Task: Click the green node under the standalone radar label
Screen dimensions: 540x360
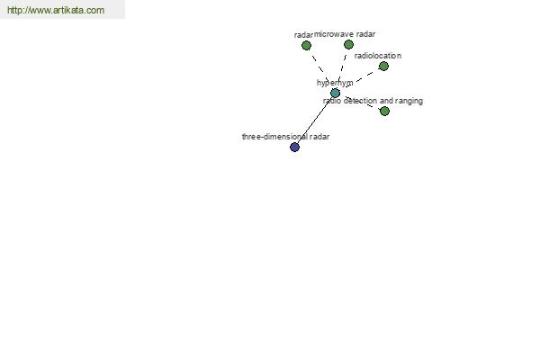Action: click(x=306, y=46)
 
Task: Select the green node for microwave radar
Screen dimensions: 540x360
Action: click(x=348, y=44)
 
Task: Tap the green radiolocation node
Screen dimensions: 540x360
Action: click(x=383, y=66)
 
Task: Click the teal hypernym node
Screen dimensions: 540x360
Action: click(x=335, y=93)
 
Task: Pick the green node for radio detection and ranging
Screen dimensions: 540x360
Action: click(x=384, y=111)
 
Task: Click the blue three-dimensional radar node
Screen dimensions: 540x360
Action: click(x=294, y=147)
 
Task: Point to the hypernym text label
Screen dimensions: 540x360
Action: click(x=335, y=83)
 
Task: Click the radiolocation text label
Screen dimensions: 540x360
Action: click(x=378, y=56)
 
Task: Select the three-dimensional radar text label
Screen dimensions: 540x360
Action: click(x=286, y=137)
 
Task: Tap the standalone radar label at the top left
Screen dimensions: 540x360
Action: click(x=303, y=35)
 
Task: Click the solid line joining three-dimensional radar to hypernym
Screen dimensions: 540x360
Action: click(x=315, y=121)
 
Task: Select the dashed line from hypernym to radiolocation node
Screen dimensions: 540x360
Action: click(x=359, y=79)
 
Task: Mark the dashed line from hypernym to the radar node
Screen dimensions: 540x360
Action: click(x=320, y=69)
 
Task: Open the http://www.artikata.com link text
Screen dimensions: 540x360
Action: click(x=56, y=10)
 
